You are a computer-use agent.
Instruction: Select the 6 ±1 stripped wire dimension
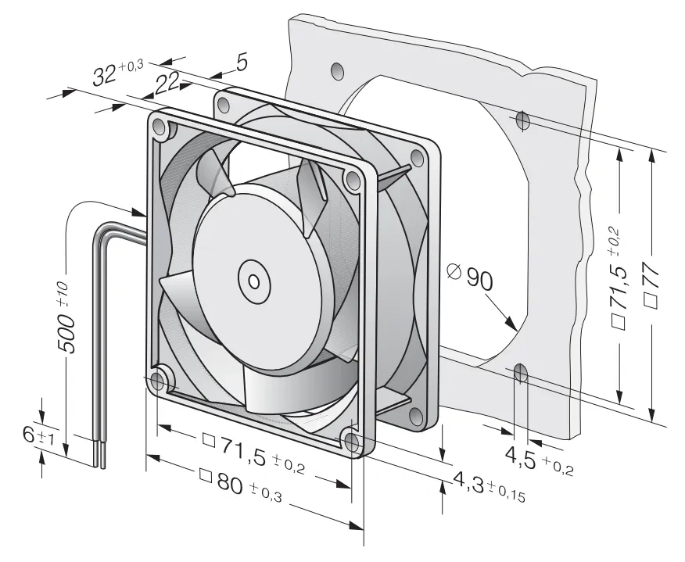(38, 436)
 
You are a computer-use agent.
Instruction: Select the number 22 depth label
(167, 83)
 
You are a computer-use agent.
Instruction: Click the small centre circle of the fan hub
(254, 281)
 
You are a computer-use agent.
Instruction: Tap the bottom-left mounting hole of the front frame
(159, 382)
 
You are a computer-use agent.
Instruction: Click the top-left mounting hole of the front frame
(159, 127)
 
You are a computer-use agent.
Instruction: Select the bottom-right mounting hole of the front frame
(352, 442)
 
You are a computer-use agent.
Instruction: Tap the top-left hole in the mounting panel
(337, 70)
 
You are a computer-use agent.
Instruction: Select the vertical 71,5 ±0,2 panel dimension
(621, 284)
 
